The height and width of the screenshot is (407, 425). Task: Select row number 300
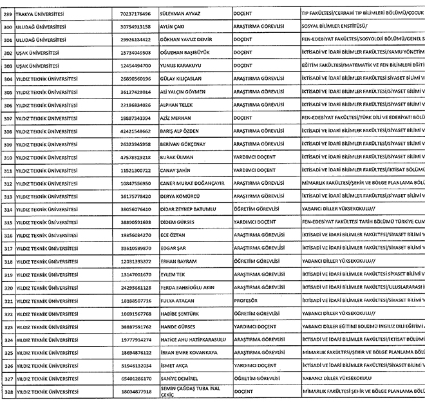pos(8,26)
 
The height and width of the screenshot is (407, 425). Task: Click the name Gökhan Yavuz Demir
pos(187,39)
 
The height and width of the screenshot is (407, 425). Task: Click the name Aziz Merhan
pos(177,118)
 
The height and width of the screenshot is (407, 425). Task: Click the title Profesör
pos(245,300)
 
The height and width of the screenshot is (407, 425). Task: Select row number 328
pos(8,392)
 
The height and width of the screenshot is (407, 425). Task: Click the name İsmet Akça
pos(174,365)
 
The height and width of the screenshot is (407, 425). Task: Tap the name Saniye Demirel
pos(179,379)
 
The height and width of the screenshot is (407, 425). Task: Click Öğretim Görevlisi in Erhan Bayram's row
pos(255,261)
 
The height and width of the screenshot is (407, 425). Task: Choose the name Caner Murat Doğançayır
pos(193,183)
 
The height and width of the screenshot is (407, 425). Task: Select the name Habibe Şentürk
pos(180,313)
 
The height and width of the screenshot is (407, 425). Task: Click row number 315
pos(8,222)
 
